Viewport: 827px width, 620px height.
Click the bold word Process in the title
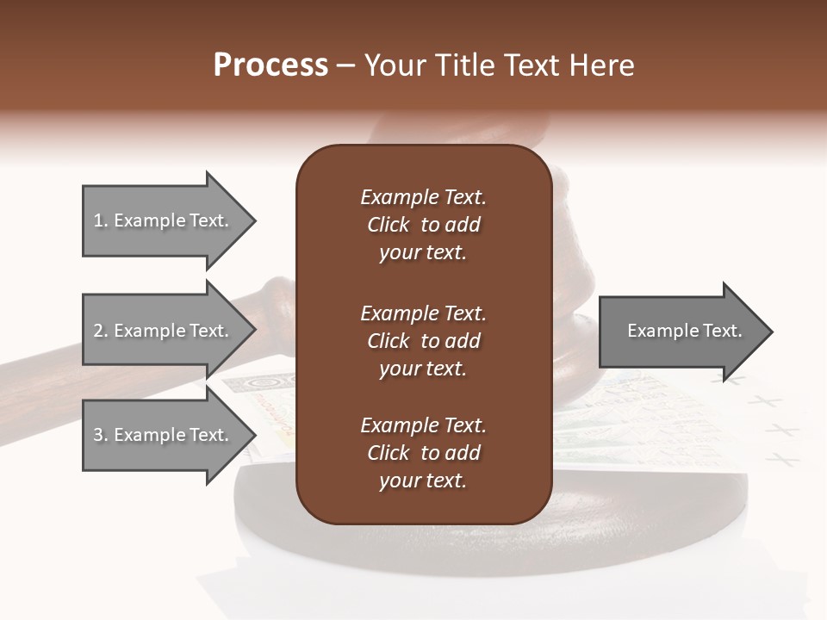tap(270, 65)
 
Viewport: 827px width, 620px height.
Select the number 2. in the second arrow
tap(101, 331)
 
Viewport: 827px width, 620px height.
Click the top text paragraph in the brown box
tap(423, 225)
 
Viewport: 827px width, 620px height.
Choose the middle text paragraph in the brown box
tap(423, 341)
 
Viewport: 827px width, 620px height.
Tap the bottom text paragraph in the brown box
tap(423, 453)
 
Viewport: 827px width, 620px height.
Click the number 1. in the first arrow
tap(101, 220)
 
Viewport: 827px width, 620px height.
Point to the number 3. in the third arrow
tap(101, 435)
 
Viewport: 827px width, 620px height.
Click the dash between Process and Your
tap(346, 66)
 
